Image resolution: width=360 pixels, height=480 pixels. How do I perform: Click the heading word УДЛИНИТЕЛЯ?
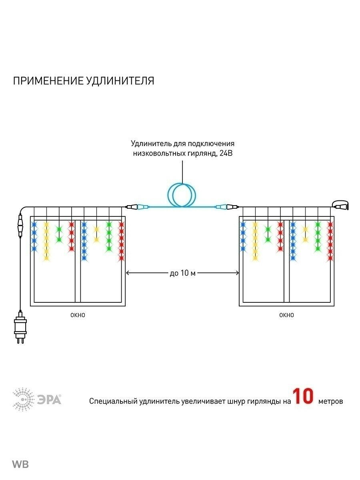click(120, 81)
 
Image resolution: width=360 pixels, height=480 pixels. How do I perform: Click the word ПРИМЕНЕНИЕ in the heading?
click(48, 81)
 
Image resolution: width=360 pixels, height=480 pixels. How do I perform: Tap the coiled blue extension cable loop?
click(182, 195)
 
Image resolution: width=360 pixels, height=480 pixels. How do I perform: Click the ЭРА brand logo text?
click(50, 399)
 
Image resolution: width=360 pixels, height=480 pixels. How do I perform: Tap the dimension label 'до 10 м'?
click(182, 273)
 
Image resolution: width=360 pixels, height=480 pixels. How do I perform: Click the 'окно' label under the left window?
click(78, 315)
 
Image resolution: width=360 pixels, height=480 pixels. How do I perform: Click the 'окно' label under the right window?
click(286, 315)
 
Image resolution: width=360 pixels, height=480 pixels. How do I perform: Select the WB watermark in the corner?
click(20, 464)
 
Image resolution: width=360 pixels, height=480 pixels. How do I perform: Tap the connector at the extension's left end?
click(137, 207)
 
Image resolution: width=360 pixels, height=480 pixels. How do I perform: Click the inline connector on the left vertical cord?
click(19, 226)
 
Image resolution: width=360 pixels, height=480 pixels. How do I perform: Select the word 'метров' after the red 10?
click(331, 401)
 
